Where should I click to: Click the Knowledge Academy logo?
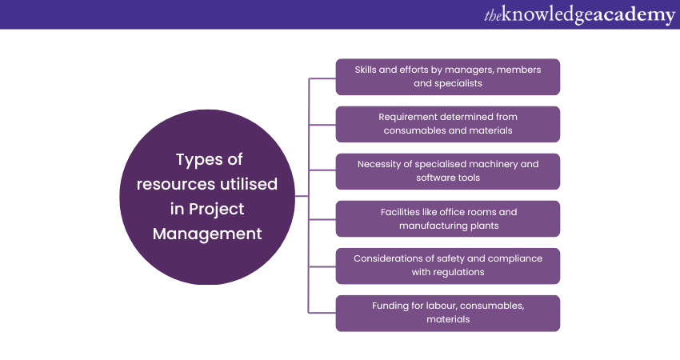point(579,14)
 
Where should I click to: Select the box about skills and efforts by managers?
point(447,76)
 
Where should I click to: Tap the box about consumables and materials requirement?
point(447,123)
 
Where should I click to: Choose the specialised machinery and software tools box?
point(447,170)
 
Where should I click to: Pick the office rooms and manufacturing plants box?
point(447,218)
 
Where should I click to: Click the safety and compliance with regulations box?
point(447,266)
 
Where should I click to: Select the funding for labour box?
point(447,313)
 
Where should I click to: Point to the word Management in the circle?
point(207,234)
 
